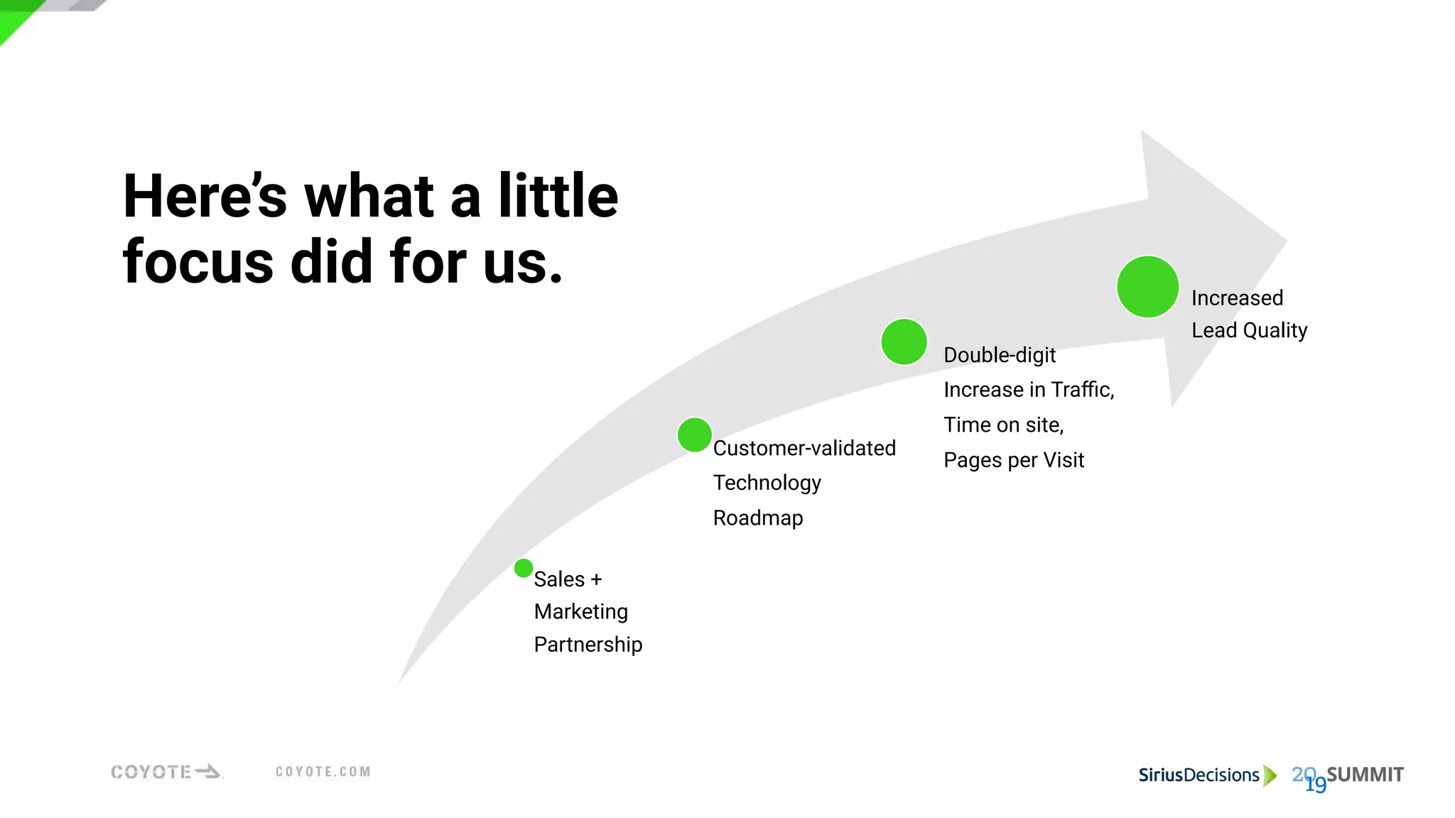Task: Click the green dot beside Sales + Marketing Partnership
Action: click(524, 568)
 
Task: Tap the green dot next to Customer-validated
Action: click(694, 435)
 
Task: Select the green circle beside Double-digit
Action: click(904, 342)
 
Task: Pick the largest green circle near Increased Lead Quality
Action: click(1147, 287)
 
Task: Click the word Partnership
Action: click(588, 644)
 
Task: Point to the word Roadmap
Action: click(757, 518)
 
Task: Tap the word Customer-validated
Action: click(804, 448)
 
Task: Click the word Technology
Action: click(767, 483)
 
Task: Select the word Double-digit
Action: click(999, 355)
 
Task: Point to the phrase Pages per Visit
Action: click(1013, 460)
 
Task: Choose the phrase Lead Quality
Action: click(1249, 330)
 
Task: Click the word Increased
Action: click(1237, 298)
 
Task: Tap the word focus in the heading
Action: click(198, 262)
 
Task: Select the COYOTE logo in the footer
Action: click(166, 772)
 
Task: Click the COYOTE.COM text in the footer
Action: click(323, 772)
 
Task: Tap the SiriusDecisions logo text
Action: click(1199, 775)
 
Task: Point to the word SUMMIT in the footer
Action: click(1365, 775)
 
